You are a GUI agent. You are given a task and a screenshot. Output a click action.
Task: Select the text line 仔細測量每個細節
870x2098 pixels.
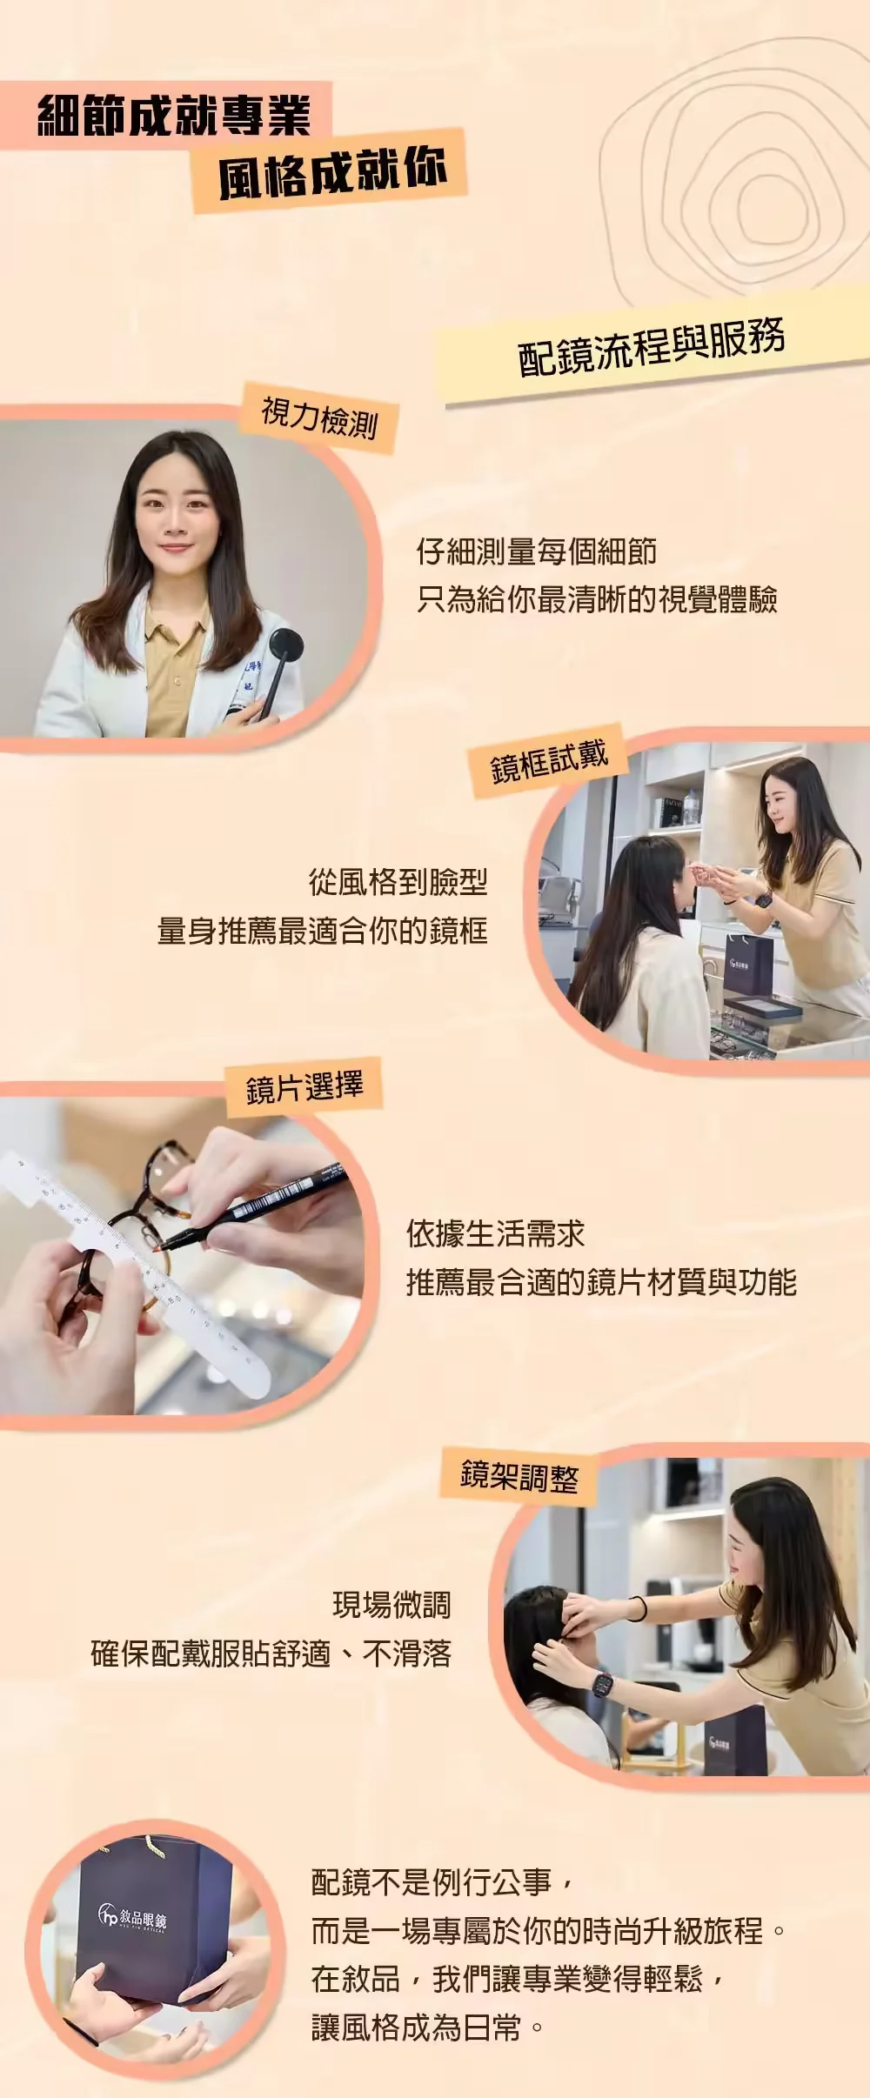pyautogui.click(x=536, y=551)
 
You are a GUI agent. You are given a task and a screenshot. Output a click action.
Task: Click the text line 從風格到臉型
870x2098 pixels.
pyautogui.click(x=398, y=883)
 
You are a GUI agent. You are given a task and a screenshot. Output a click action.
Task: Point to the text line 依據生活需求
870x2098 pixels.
pyautogui.click(x=495, y=1233)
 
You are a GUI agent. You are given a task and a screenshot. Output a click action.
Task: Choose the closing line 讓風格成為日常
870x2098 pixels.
pyautogui.click(x=418, y=2028)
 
